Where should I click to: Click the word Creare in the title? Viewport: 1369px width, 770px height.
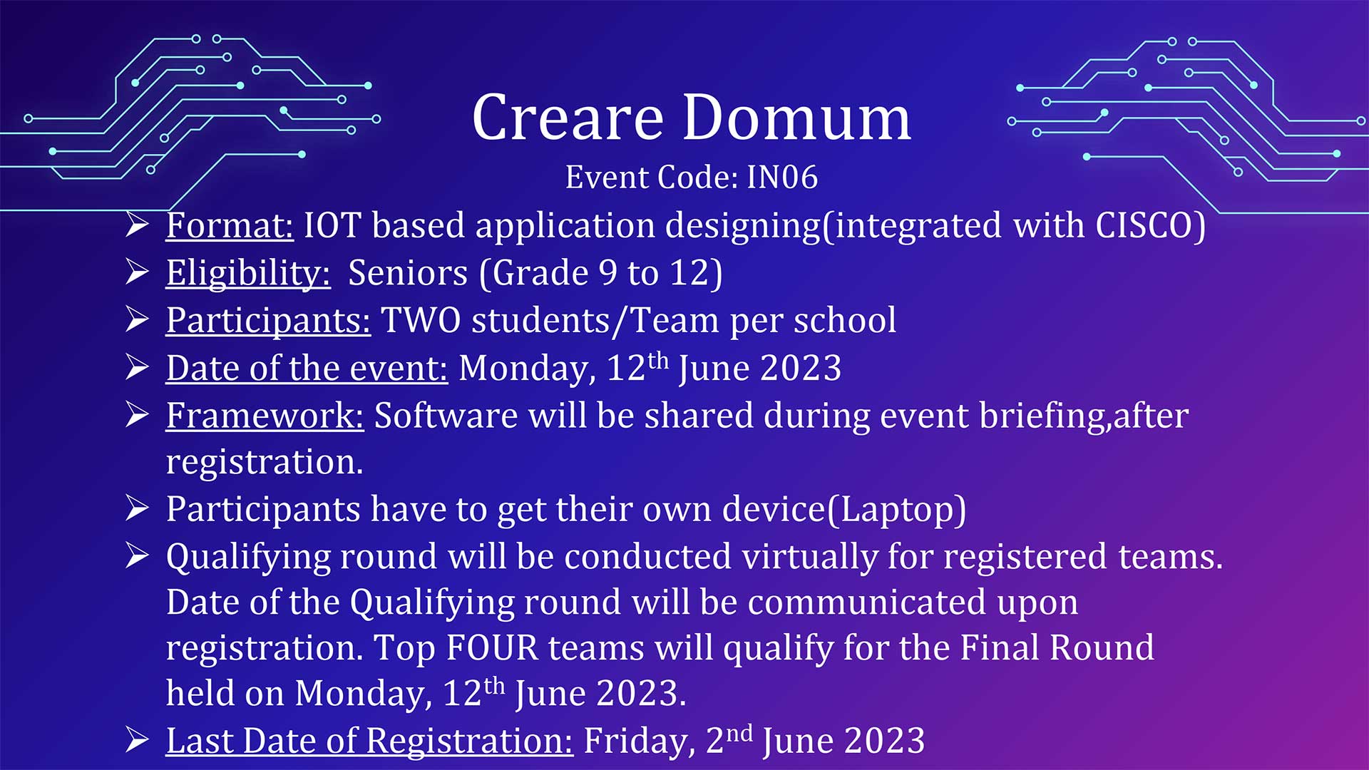pyautogui.click(x=568, y=118)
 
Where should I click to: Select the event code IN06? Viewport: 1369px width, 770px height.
pyautogui.click(x=782, y=177)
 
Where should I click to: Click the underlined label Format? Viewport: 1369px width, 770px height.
pyautogui.click(x=230, y=225)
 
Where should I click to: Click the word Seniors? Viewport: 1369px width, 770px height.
pyautogui.click(x=408, y=273)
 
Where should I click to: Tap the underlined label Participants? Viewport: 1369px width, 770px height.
pyautogui.click(x=268, y=321)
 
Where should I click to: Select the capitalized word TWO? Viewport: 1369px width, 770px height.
pyautogui.click(x=421, y=320)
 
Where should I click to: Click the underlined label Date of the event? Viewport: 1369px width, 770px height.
pyautogui.click(x=307, y=368)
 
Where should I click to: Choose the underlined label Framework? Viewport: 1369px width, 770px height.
pyautogui.click(x=265, y=416)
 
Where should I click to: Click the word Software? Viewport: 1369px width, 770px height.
pyautogui.click(x=446, y=416)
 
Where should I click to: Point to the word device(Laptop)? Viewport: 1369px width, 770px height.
pyautogui.click(x=844, y=510)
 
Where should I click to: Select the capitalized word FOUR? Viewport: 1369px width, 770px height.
pyautogui.click(x=492, y=647)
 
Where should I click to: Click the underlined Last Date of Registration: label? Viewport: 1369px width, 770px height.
pyautogui.click(x=369, y=741)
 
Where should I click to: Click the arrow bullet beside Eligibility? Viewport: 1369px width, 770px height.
pyautogui.click(x=137, y=272)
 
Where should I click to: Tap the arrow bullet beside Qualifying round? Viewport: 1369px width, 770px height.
pyautogui.click(x=137, y=555)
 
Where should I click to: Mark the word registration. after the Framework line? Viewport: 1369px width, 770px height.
pyautogui.click(x=265, y=463)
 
